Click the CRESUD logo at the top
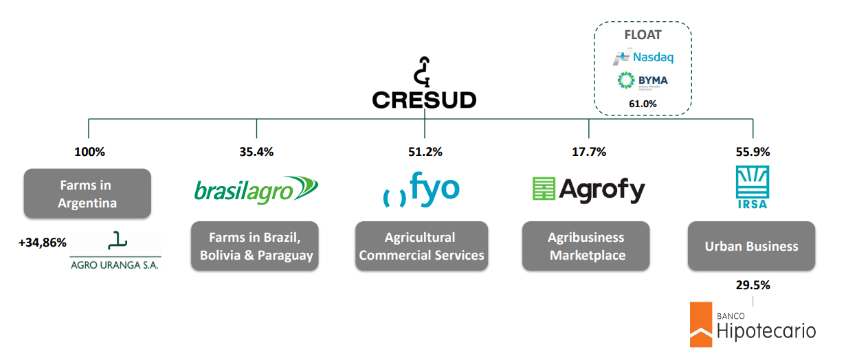[424, 84]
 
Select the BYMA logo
[642, 81]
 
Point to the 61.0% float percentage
[643, 104]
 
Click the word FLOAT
[643, 34]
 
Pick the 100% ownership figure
[89, 153]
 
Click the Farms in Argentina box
[87, 194]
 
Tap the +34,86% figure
[43, 243]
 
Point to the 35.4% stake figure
[257, 153]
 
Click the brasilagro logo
[256, 189]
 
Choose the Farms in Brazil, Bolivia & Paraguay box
[256, 246]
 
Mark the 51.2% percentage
[425, 153]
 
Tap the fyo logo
[421, 190]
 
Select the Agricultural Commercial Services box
[421, 246]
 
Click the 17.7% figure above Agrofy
[589, 153]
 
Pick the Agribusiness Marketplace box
[586, 246]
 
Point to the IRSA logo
[752, 187]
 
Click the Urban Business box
[751, 246]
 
